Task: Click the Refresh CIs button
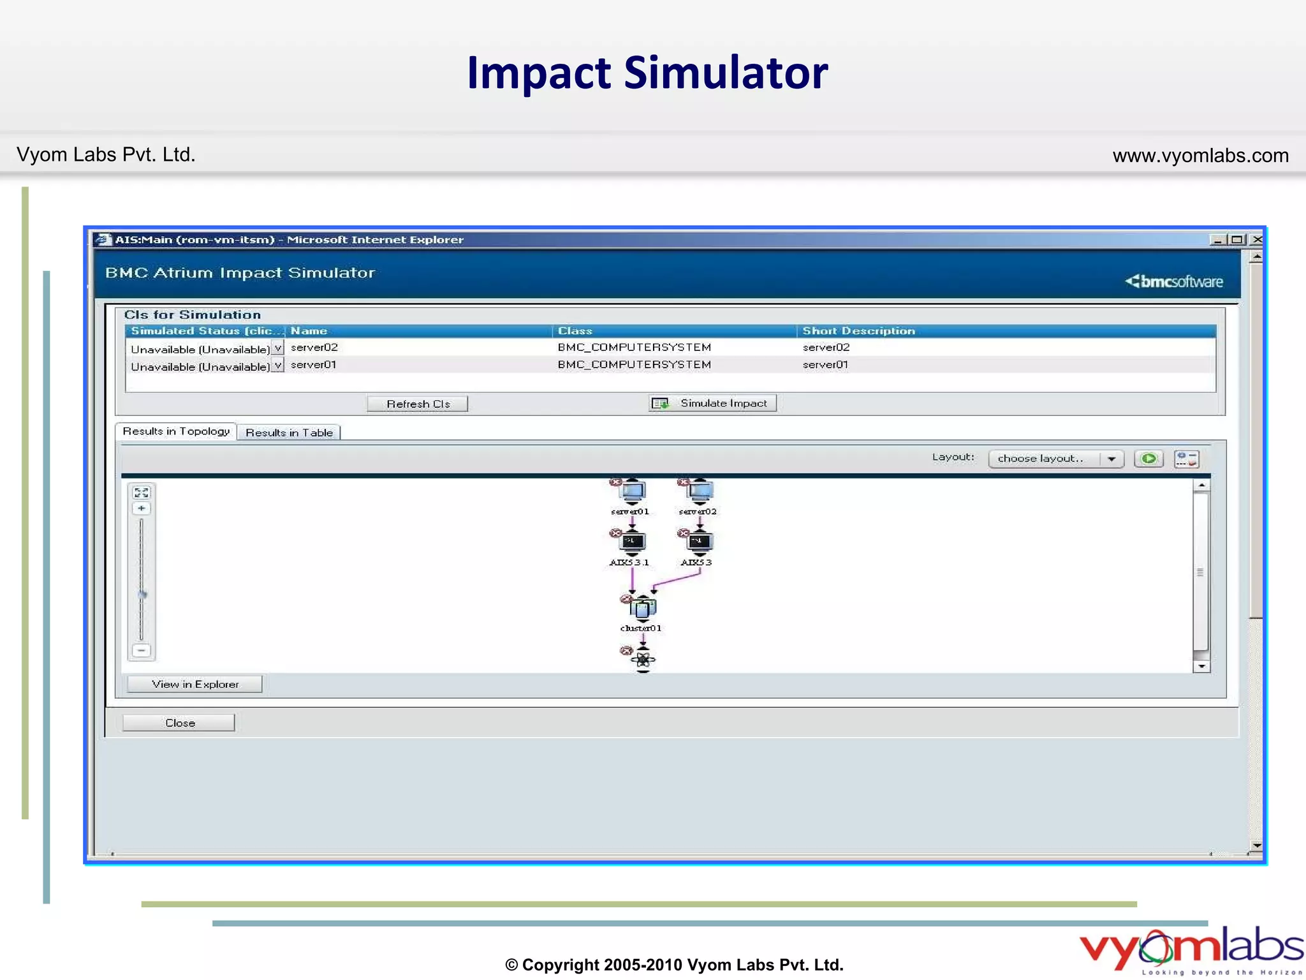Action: tap(418, 404)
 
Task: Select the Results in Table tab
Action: tap(289, 433)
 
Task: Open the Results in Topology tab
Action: tap(176, 431)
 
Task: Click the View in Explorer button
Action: tap(195, 684)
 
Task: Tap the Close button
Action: tap(179, 723)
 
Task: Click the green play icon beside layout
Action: tap(1149, 459)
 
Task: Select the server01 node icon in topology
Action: tap(633, 491)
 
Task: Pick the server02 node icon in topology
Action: tap(700, 491)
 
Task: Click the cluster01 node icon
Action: tap(643, 608)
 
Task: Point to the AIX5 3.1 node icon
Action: tap(633, 542)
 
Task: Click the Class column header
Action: tap(575, 330)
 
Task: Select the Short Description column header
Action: tap(858, 330)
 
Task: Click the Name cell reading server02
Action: tap(314, 348)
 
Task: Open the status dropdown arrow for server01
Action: tap(277, 366)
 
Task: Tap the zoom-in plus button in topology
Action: tap(142, 509)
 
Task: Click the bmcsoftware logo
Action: tap(1174, 281)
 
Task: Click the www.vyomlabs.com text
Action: tap(1200, 156)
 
